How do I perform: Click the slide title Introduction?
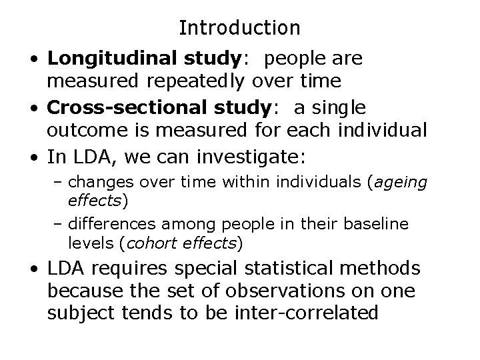pyautogui.click(x=240, y=28)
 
